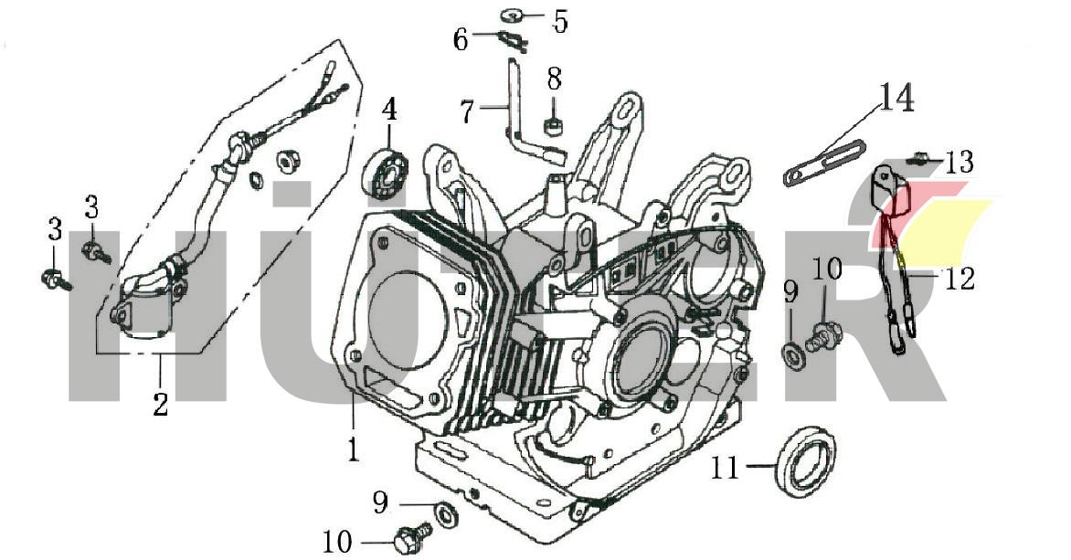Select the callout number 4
389,111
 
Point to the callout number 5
559,21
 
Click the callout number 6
461,39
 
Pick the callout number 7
467,113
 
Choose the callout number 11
724,468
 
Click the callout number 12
960,277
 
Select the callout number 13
960,163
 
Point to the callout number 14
897,99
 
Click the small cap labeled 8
553,123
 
